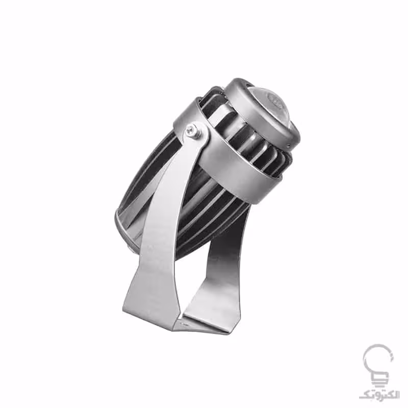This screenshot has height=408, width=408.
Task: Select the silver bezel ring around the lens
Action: pyautogui.click(x=263, y=112)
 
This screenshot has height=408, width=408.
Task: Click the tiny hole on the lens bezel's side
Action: pyautogui.click(x=289, y=144)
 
